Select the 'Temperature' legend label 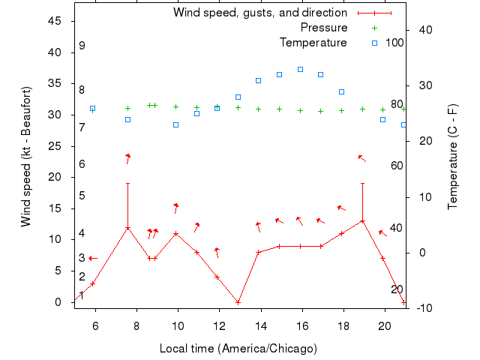click(x=313, y=43)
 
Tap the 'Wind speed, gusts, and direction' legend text click(x=260, y=13)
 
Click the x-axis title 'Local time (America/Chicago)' click(x=238, y=349)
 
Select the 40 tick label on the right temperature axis click(x=422, y=30)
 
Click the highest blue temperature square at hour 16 click(x=300, y=69)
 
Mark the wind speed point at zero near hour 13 click(x=238, y=302)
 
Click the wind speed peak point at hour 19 click(x=362, y=221)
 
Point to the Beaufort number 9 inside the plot click(x=82, y=46)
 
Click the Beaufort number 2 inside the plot click(x=82, y=277)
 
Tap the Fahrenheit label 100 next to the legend click(x=394, y=43)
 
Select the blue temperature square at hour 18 click(x=341, y=91)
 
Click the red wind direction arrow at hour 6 click(x=93, y=258)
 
